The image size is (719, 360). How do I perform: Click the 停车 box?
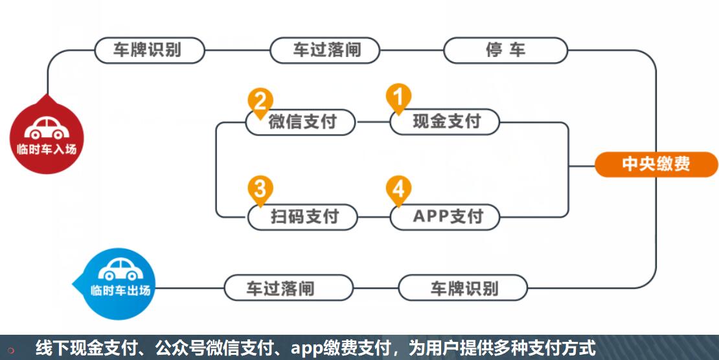pos(505,51)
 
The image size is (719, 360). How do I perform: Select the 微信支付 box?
pos(301,122)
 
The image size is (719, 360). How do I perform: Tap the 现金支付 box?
pos(446,122)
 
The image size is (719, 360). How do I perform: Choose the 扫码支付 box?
pos(303,216)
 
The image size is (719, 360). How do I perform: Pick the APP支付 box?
pos(446,216)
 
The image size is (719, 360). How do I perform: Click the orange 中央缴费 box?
pos(656,164)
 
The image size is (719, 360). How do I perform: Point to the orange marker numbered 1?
pos(398,97)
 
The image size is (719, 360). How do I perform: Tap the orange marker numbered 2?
pos(260,101)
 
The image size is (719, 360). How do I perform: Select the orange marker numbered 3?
pos(260,189)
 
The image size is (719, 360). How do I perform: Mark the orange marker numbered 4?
pos(398,189)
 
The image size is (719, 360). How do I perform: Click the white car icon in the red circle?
pos(47,128)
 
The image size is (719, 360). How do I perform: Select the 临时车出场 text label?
pos(120,290)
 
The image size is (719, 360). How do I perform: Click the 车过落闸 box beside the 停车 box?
pos(325,51)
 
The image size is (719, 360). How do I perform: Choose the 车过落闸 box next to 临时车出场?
pos(288,287)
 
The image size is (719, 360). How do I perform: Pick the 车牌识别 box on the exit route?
pos(463,287)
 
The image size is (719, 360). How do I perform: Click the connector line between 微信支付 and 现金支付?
pos(373,122)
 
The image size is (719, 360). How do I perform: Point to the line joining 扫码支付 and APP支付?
pos(374,216)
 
